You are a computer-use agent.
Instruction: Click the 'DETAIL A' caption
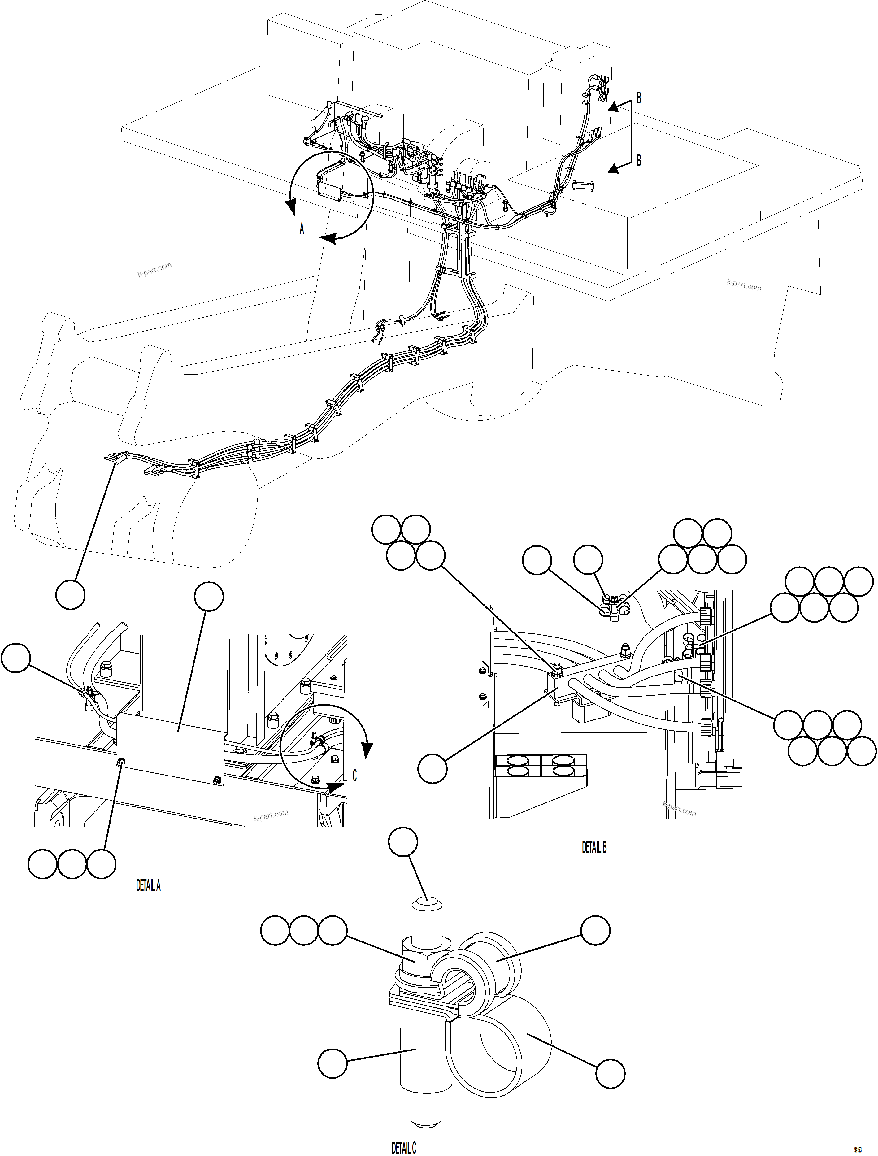pos(148,885)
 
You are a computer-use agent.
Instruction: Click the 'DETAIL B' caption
pos(594,847)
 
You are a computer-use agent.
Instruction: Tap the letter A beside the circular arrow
pos(302,229)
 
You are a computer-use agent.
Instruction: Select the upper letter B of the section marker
pos(639,98)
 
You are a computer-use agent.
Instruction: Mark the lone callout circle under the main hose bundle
pos(71,595)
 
